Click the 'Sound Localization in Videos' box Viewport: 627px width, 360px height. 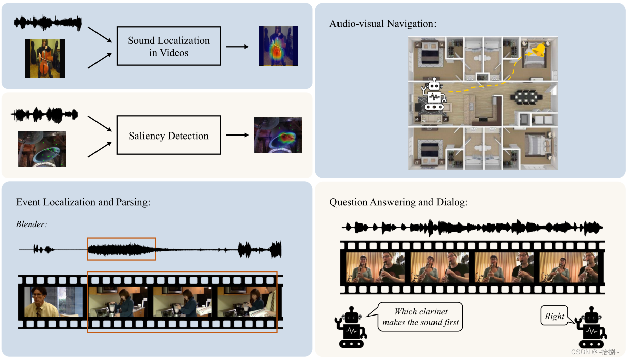tap(169, 47)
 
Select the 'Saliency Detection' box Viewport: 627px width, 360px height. tap(169, 136)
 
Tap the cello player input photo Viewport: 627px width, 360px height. tap(45, 59)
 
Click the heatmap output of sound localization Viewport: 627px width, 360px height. tap(278, 46)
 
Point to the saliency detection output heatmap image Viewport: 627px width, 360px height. tap(278, 135)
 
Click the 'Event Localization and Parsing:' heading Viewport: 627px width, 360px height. tap(83, 202)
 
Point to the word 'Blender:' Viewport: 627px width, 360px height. tap(31, 224)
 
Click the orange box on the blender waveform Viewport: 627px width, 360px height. tap(121, 249)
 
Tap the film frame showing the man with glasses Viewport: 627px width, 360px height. tap(53, 301)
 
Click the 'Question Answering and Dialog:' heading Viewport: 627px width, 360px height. tap(399, 202)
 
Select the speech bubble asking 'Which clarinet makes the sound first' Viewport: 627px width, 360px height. tap(420, 317)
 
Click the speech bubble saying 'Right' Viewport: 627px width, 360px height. tap(554, 317)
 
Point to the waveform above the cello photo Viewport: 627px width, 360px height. tap(48, 22)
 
